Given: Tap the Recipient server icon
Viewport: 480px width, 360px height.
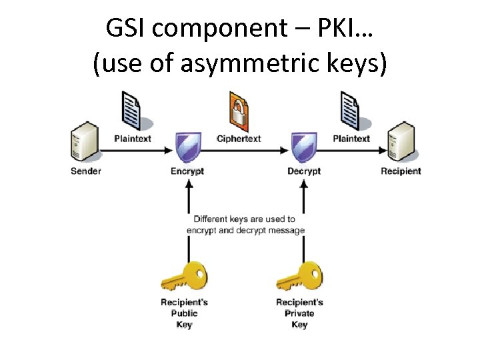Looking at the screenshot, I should tap(401, 142).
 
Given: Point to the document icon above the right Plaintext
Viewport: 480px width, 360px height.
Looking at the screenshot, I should tap(351, 111).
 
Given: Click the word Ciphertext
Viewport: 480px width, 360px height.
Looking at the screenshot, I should tap(239, 139).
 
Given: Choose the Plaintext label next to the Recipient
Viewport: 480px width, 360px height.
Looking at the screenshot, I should tap(351, 139).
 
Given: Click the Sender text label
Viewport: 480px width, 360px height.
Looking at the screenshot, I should tap(86, 171).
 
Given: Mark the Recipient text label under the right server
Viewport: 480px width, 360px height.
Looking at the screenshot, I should tap(401, 171).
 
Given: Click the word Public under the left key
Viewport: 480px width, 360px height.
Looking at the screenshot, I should tap(185, 313).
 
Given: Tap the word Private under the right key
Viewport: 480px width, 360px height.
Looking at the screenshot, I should tap(299, 313).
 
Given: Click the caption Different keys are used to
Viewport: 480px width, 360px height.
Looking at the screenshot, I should tap(244, 219).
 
